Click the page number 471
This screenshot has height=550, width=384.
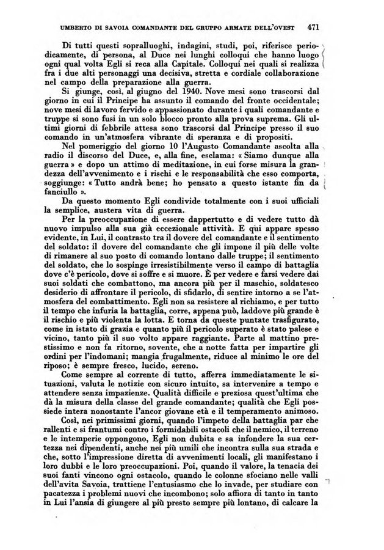pos(315,27)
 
